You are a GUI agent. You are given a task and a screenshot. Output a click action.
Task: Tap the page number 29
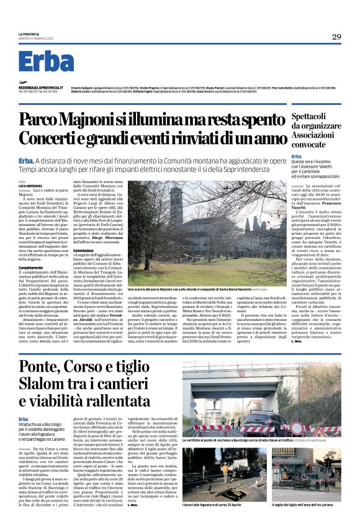[336, 37]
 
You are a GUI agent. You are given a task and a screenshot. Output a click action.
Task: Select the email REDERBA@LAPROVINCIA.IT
[40, 88]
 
